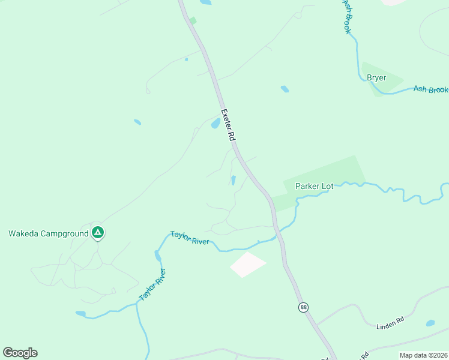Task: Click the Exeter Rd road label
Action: (228, 124)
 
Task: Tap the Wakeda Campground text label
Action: (48, 233)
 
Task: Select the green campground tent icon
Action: (98, 233)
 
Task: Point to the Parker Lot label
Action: (314, 186)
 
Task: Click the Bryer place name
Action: (376, 78)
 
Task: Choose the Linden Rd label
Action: (391, 323)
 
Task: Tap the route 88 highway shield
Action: (304, 307)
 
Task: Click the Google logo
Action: (20, 353)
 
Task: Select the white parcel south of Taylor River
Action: (248, 264)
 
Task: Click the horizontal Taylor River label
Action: (189, 238)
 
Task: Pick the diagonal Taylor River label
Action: (152, 286)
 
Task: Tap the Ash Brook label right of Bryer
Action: (430, 89)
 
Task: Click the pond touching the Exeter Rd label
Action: (215, 123)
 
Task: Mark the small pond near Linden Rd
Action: (430, 323)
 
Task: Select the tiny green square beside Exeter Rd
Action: (193, 20)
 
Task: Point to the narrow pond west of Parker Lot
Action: (233, 180)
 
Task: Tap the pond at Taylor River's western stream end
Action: (80, 313)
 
